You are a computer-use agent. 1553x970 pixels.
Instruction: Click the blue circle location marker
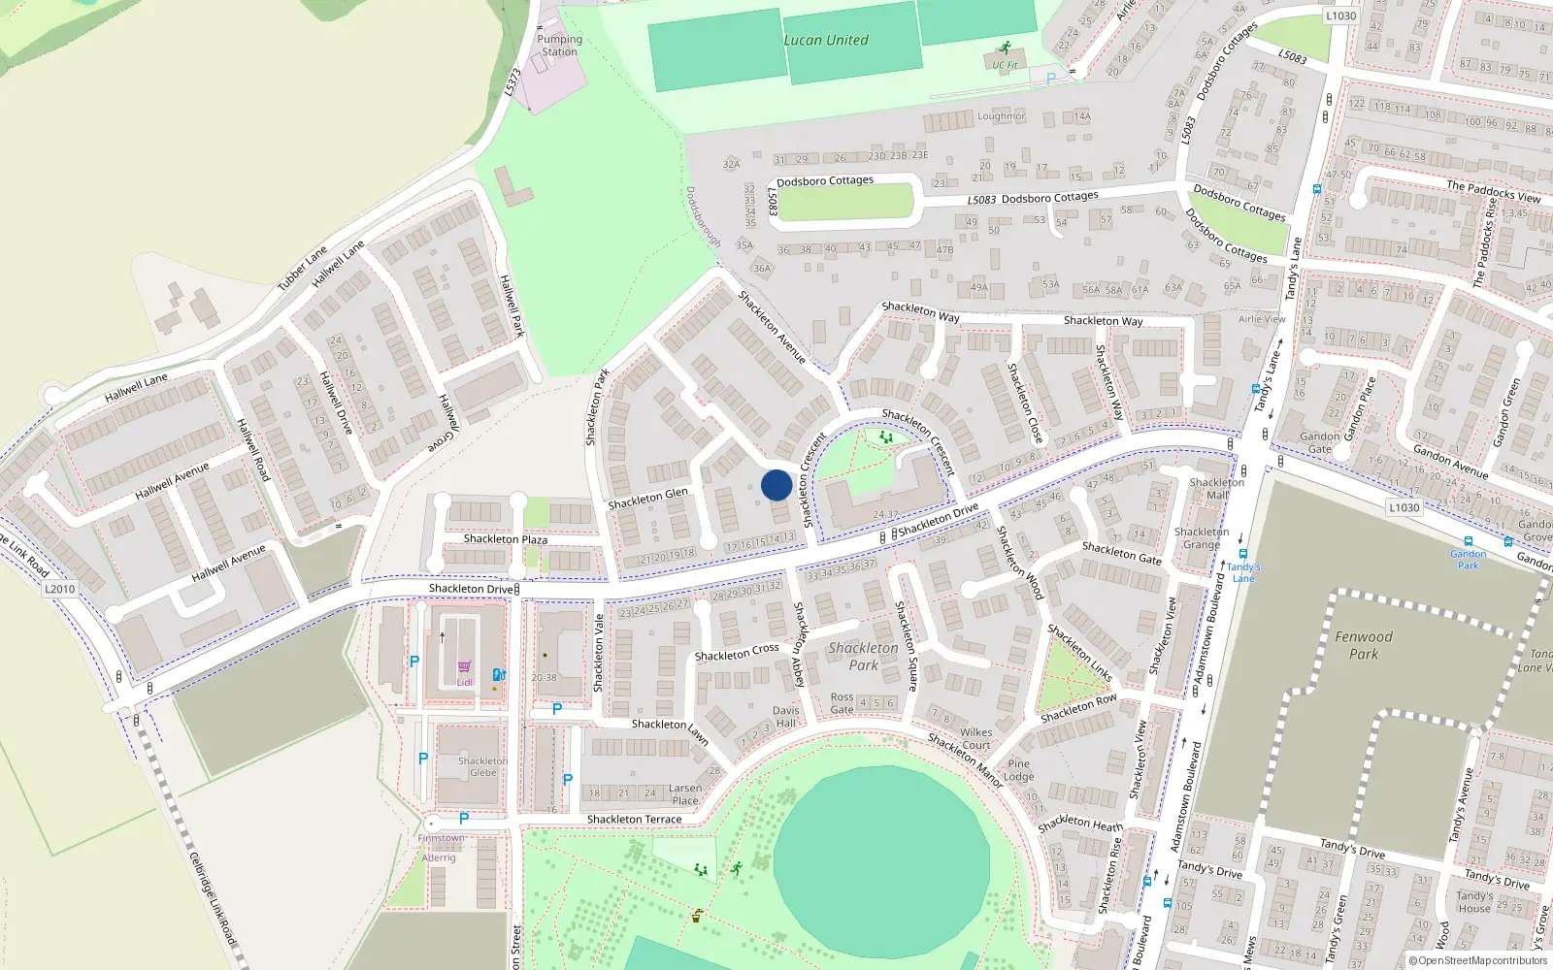(776, 485)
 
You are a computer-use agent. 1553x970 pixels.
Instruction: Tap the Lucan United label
(826, 40)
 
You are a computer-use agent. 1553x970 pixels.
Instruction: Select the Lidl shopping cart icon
(464, 666)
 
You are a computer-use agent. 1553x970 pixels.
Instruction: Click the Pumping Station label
(560, 46)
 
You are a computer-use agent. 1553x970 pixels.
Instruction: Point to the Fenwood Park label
(1364, 645)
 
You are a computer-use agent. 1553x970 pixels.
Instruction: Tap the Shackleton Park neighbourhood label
(863, 657)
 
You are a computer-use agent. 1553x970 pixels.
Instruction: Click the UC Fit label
(1005, 65)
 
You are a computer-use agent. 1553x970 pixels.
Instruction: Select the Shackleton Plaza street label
(505, 539)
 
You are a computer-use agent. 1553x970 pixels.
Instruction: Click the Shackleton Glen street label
(647, 499)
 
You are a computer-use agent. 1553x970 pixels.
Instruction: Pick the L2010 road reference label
(59, 589)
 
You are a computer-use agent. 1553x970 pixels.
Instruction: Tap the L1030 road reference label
(1404, 507)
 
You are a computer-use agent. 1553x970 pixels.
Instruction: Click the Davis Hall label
(786, 717)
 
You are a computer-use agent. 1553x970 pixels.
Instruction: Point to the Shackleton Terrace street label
(634, 820)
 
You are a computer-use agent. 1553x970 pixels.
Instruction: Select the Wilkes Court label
(976, 739)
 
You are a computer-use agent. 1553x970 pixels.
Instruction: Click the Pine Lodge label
(1018, 770)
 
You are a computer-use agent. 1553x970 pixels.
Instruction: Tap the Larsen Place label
(684, 794)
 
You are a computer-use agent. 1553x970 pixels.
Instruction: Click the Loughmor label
(1001, 116)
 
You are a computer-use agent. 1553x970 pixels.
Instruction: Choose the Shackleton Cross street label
(737, 653)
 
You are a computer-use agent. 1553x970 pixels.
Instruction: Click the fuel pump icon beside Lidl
(498, 674)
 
